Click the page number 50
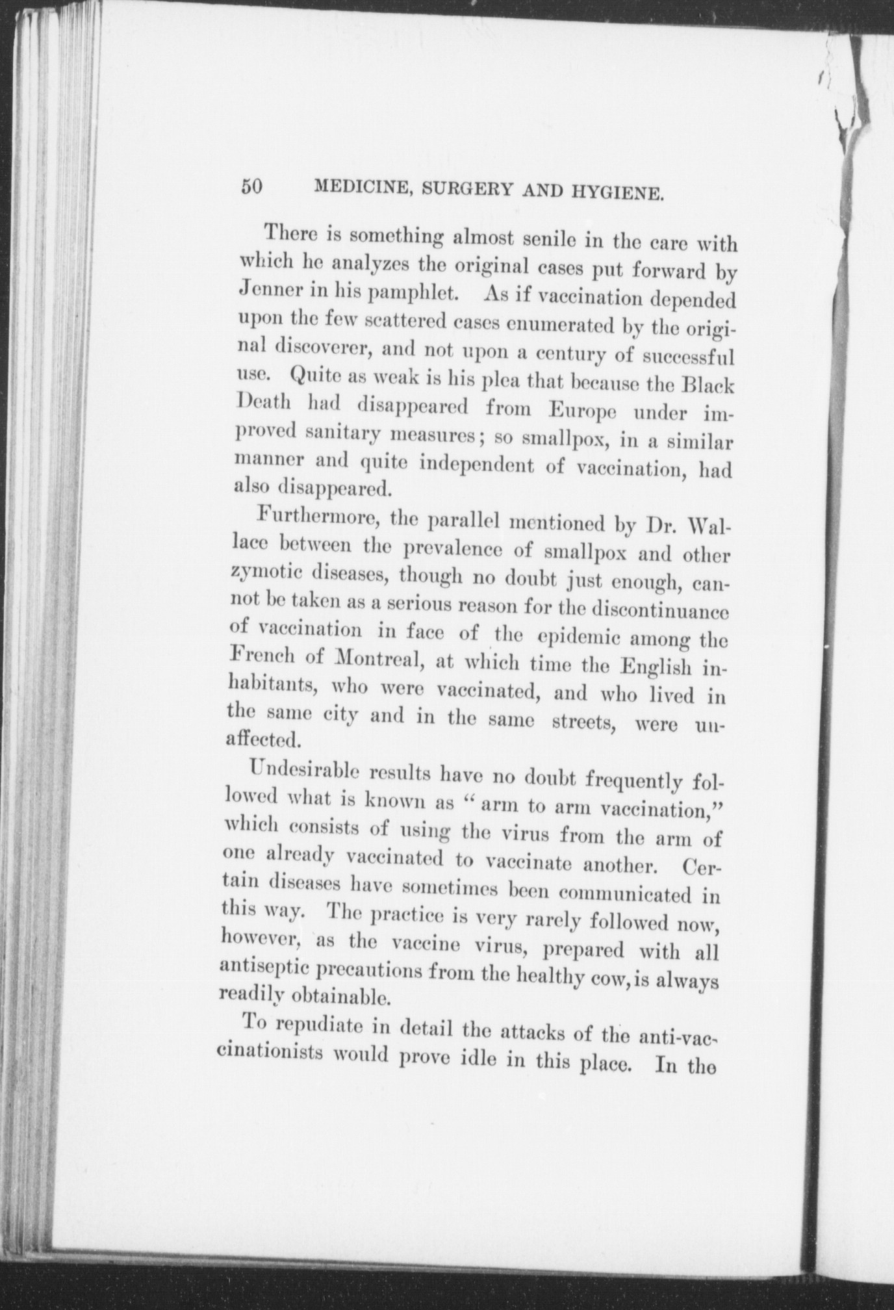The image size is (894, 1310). coord(251,187)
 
